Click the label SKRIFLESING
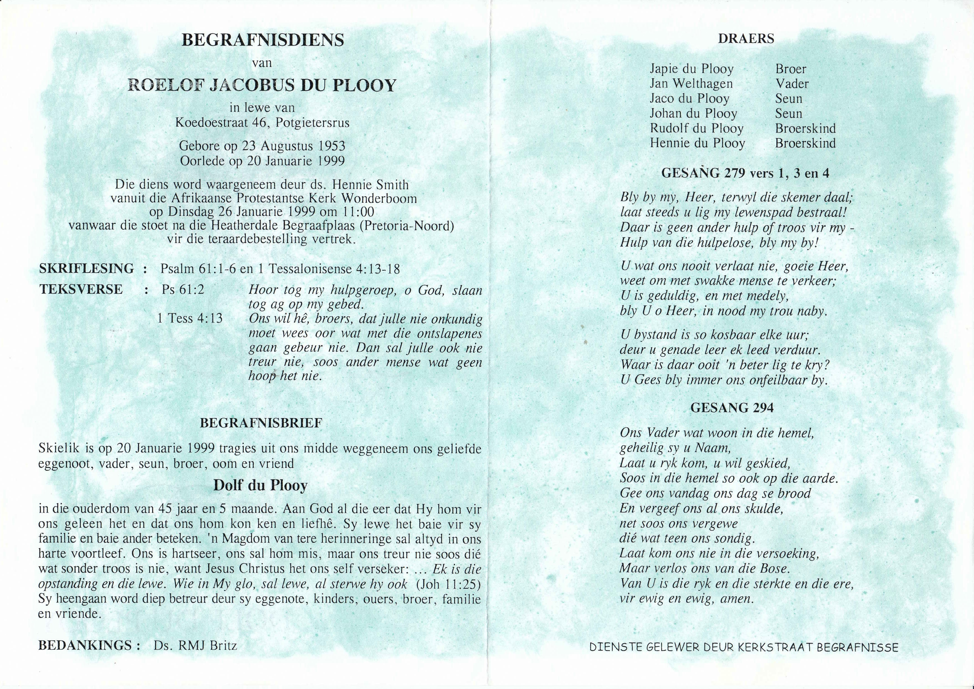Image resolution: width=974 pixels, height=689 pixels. (x=87, y=268)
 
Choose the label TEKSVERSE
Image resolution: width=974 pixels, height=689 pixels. (x=81, y=289)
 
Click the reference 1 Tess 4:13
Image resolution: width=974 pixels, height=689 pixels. (x=190, y=318)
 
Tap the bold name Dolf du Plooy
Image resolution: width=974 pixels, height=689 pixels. (x=260, y=486)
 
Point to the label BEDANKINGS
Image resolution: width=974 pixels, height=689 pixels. (x=85, y=646)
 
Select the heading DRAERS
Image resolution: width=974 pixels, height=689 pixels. (x=746, y=39)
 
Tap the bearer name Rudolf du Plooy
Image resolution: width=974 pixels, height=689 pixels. (x=697, y=129)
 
